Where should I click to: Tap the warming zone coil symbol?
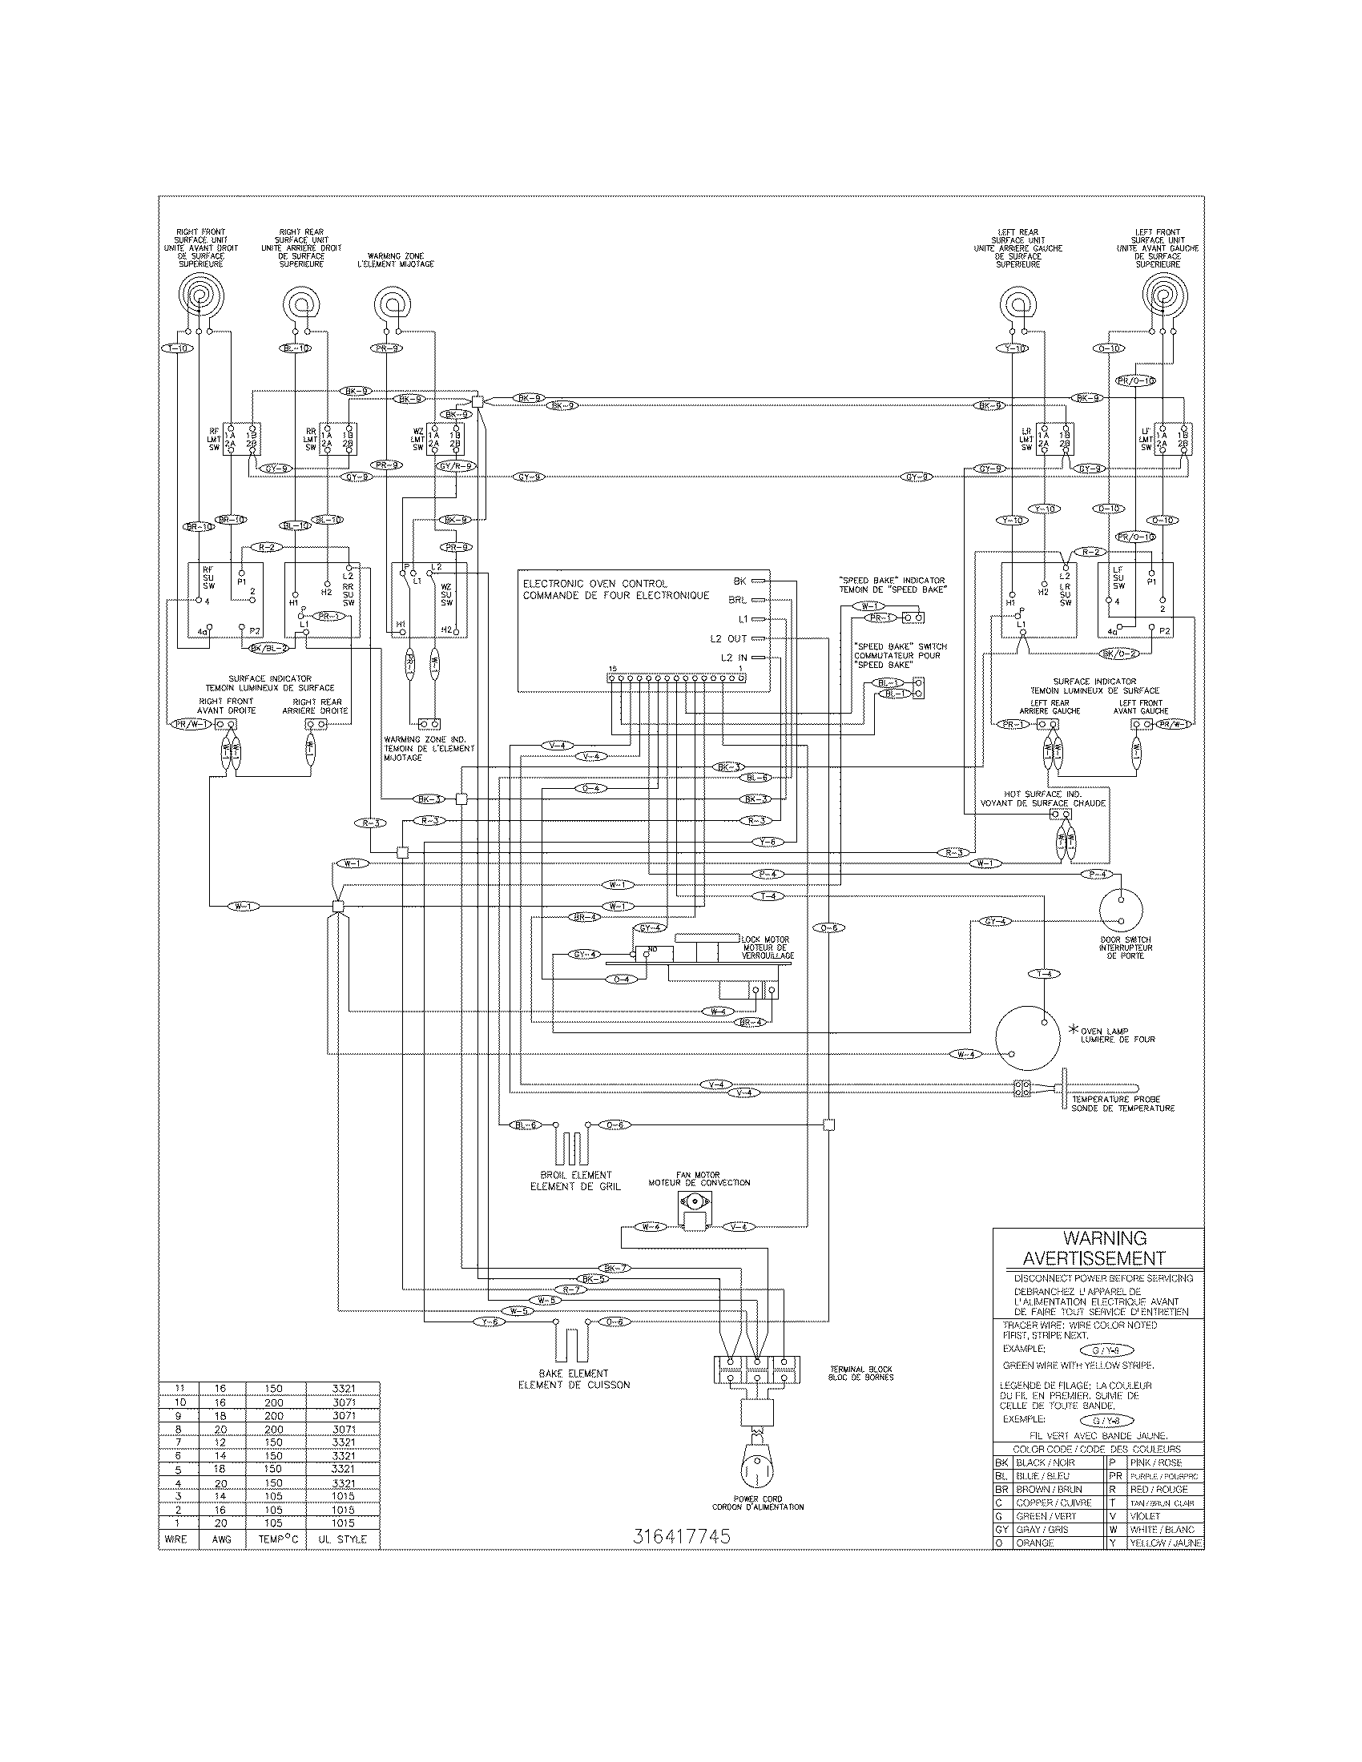click(392, 304)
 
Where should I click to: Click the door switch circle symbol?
click(1122, 911)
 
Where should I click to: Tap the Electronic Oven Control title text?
click(594, 583)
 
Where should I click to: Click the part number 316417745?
click(682, 1537)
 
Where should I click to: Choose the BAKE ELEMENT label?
click(573, 1373)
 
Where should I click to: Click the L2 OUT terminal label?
click(727, 639)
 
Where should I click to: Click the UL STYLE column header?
click(343, 1539)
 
